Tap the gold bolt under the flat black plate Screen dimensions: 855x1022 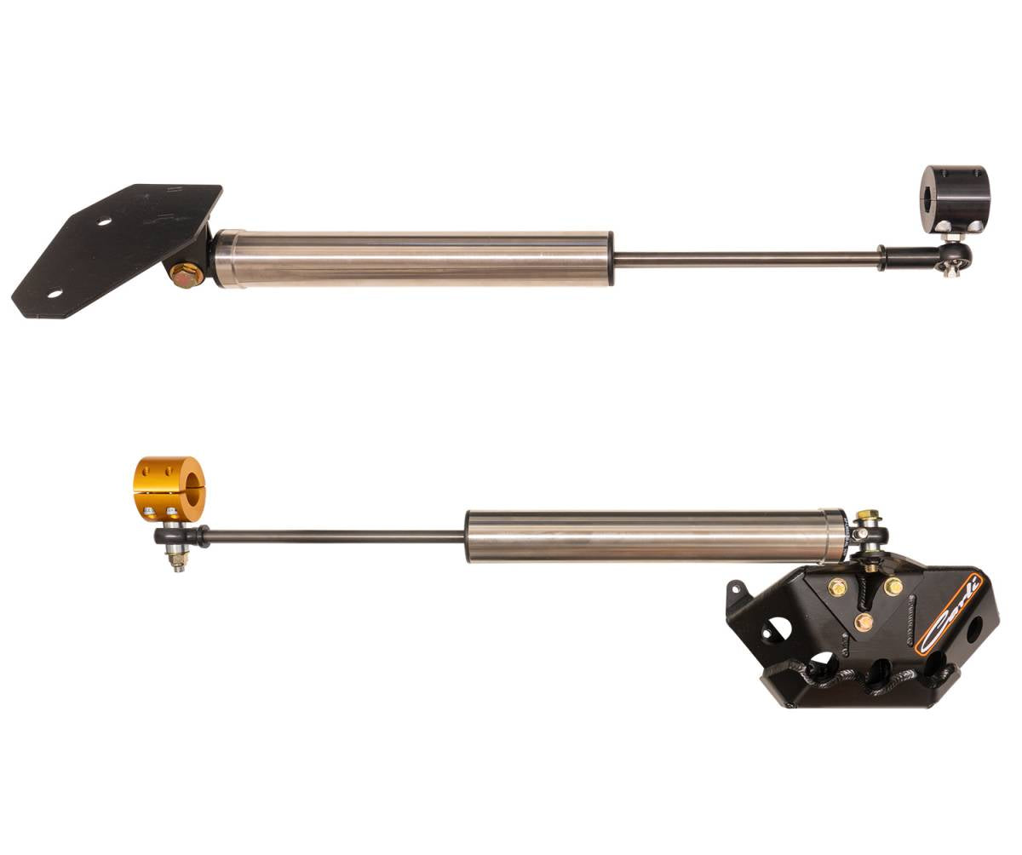(186, 275)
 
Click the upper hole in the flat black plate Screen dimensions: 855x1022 (104, 221)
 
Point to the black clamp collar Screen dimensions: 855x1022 (955, 198)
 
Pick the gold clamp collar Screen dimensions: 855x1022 (169, 488)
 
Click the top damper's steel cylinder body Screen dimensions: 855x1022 (413, 257)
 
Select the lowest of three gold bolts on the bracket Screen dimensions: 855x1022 (864, 622)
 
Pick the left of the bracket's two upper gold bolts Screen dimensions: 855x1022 (837, 587)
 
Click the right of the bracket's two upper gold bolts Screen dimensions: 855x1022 (893, 587)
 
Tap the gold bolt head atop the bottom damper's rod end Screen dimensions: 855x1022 (867, 516)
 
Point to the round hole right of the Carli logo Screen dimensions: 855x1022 (973, 630)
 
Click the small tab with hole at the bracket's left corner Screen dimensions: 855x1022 (735, 590)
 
